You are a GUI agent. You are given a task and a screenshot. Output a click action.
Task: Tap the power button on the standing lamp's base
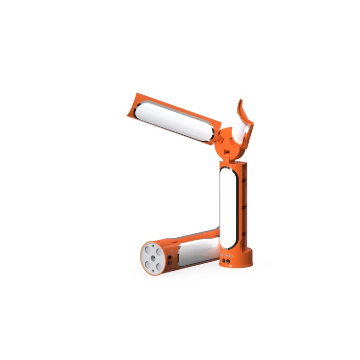pos(229,262)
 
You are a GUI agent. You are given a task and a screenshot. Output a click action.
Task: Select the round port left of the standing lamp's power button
pos(223,261)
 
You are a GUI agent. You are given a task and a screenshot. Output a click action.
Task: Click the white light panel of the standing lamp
pos(228,207)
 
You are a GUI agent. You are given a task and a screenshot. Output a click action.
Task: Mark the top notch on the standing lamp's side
pos(245,182)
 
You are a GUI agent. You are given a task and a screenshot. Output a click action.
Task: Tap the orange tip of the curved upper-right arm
pos(240,106)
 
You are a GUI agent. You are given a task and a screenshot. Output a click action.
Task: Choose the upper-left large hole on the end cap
pos(150,248)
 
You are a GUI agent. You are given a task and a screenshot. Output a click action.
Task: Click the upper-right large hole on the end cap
pos(159,251)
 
